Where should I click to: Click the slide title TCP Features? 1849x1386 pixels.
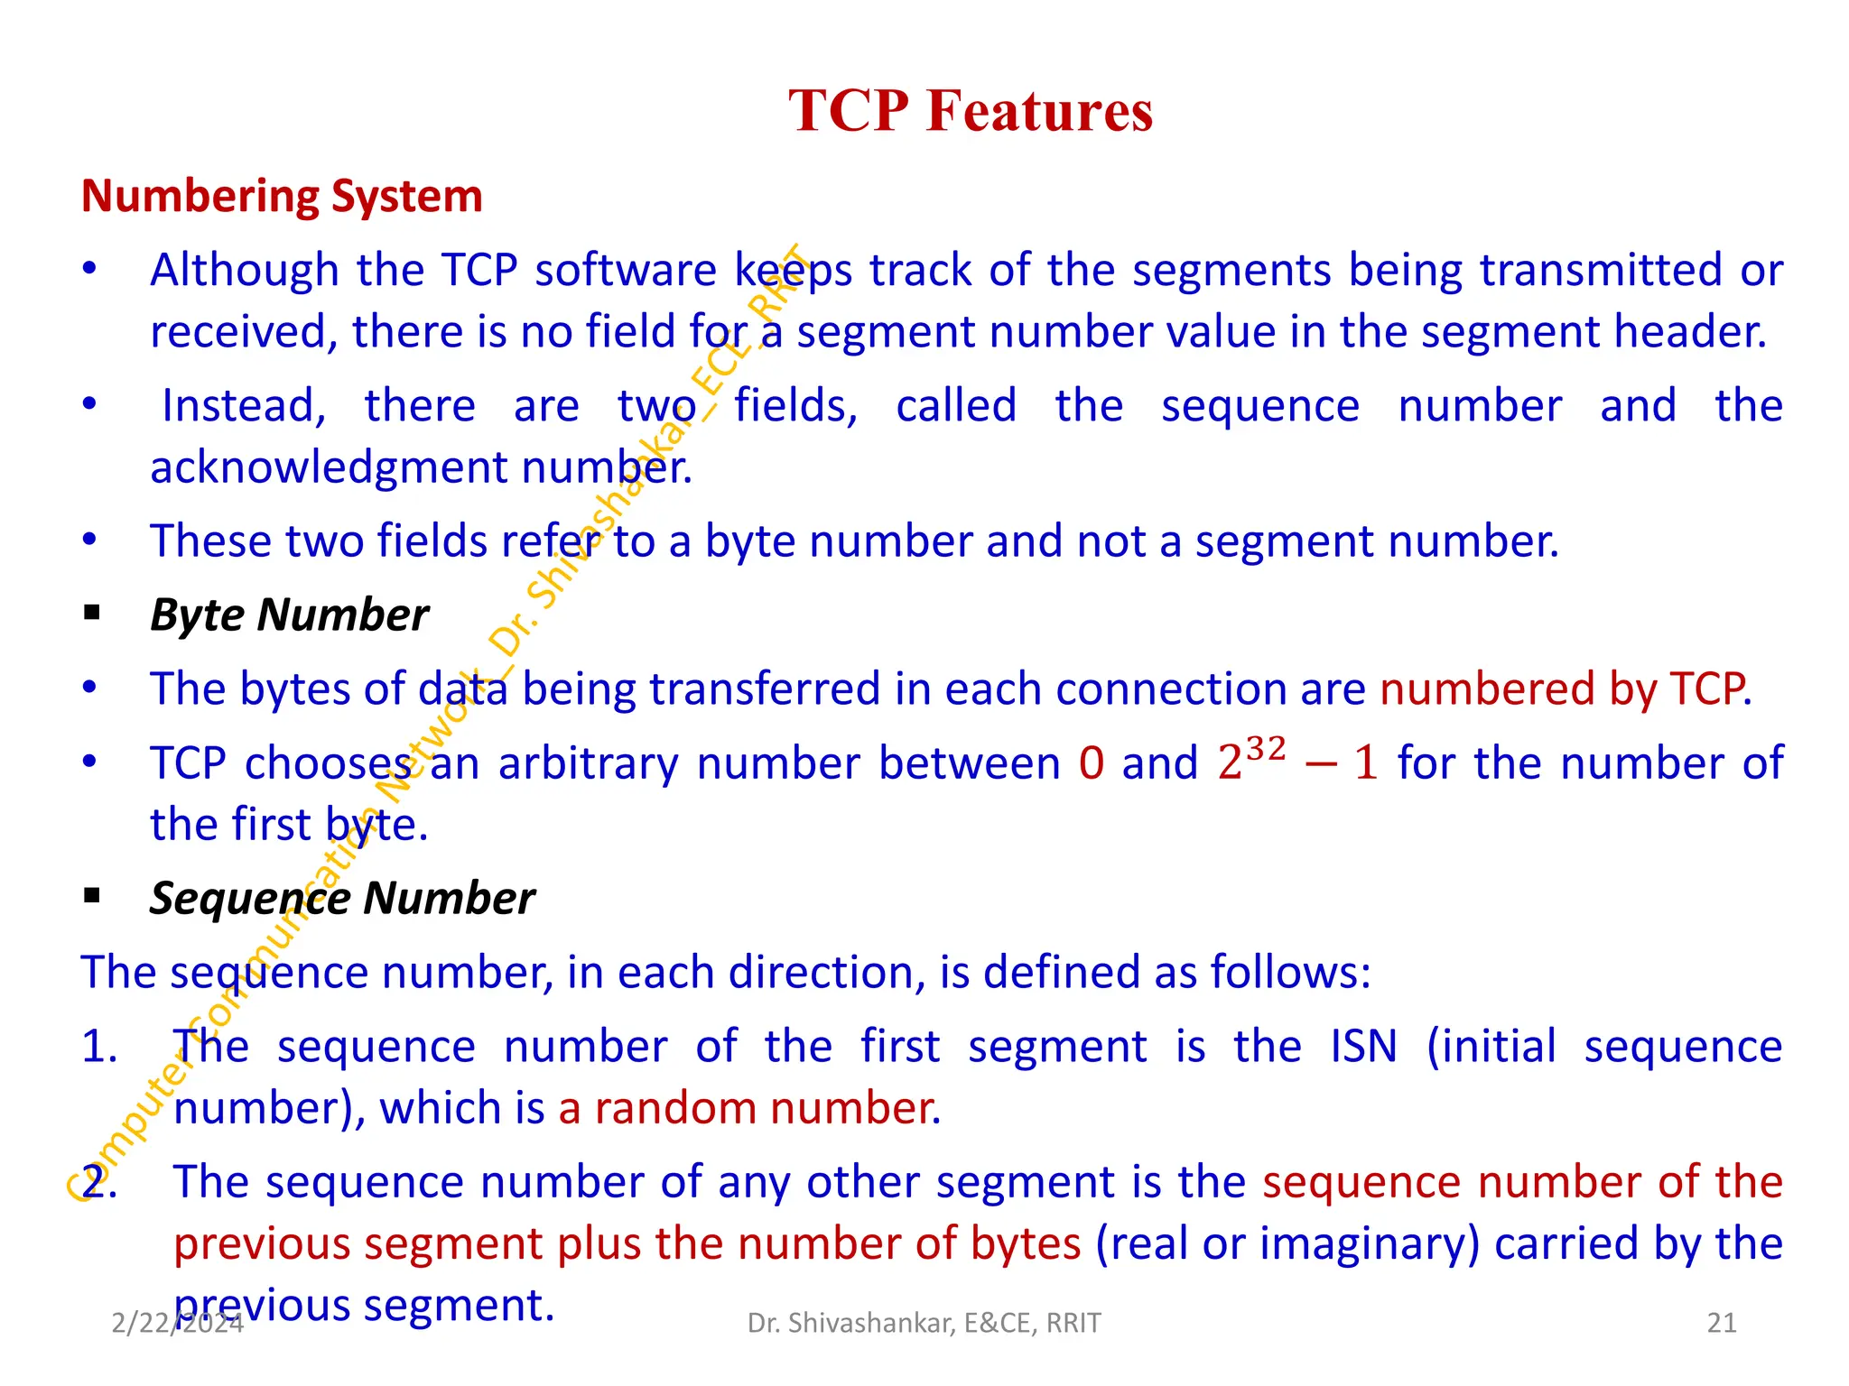pyautogui.click(x=971, y=111)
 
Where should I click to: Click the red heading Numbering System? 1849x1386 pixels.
pyautogui.click(x=282, y=196)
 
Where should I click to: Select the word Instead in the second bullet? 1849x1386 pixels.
pyautogui.click(x=243, y=405)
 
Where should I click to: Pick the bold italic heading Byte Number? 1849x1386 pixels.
pyautogui.click(x=289, y=615)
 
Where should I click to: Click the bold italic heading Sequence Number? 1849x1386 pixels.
pyautogui.click(x=342, y=899)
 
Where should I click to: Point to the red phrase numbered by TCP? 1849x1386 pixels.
pyautogui.click(x=1565, y=689)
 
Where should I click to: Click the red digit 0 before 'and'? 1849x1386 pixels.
pyautogui.click(x=1091, y=763)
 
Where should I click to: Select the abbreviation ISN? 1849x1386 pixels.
pyautogui.click(x=1363, y=1047)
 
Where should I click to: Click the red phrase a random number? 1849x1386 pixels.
pyautogui.click(x=749, y=1108)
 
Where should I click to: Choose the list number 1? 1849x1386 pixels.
pyautogui.click(x=98, y=1047)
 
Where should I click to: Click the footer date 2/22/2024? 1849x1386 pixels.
pyautogui.click(x=177, y=1323)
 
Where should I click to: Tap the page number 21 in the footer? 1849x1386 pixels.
pyautogui.click(x=1722, y=1323)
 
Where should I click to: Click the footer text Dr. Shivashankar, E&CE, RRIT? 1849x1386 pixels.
pyautogui.click(x=924, y=1323)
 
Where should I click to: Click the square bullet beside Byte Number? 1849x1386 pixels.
pyautogui.click(x=91, y=614)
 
